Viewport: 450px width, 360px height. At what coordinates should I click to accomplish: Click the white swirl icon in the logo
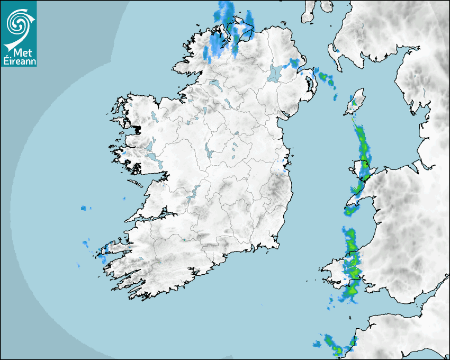coord(18,23)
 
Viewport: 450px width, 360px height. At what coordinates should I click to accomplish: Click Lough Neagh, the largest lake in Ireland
coord(275,73)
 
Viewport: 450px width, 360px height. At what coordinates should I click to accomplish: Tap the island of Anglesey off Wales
coord(362,169)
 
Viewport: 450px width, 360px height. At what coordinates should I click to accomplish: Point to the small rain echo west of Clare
coord(86,209)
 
